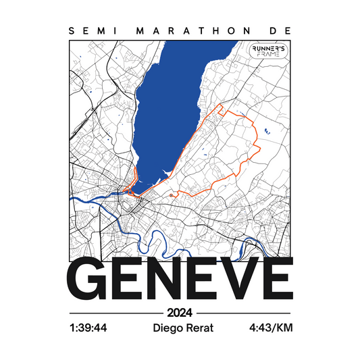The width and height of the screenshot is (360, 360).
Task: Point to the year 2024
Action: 180,313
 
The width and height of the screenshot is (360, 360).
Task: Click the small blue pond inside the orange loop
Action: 266,130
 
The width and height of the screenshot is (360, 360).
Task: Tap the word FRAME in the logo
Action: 268,58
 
